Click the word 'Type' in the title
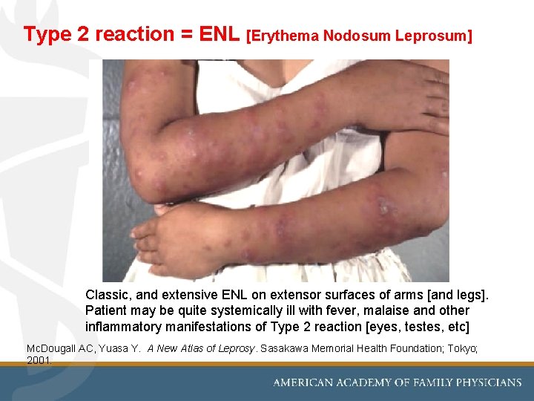click(45, 34)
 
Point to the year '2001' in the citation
click(39, 360)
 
